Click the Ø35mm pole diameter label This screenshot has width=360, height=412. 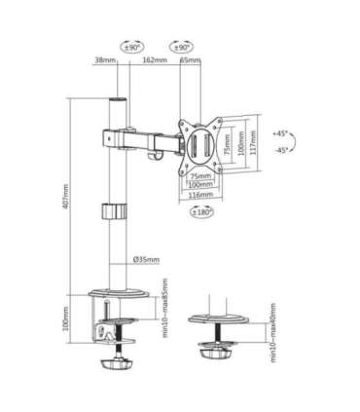coord(147,260)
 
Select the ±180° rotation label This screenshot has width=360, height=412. coord(201,211)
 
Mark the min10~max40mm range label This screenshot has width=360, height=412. coord(274,335)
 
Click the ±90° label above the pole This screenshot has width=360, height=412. coord(131,46)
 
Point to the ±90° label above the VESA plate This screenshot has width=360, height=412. coord(181,46)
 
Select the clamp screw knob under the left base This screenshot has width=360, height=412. coord(116,369)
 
